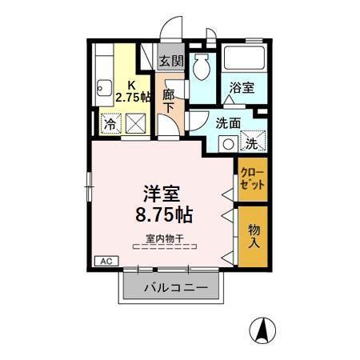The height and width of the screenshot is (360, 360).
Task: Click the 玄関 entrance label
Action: (x=170, y=60)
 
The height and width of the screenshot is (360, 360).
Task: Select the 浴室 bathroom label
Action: (x=242, y=89)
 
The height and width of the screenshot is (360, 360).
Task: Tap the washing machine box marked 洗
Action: (x=252, y=144)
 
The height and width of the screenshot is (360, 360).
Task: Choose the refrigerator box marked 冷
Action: (x=107, y=124)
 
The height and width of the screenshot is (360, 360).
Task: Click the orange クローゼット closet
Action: (x=250, y=176)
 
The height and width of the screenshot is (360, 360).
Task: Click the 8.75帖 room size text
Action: (x=162, y=214)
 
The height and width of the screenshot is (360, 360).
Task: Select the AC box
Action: (x=105, y=261)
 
